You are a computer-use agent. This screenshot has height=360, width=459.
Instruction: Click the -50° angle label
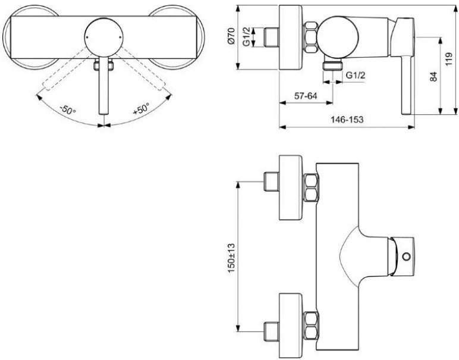coord(68,109)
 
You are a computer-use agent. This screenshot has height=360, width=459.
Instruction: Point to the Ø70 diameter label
coord(231,36)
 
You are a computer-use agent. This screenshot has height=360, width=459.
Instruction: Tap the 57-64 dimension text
coord(306,96)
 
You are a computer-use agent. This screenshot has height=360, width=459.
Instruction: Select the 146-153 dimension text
coord(347,120)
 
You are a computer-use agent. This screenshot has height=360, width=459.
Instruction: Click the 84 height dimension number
coord(433,76)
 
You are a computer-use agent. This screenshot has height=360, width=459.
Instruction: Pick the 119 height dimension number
coord(449,59)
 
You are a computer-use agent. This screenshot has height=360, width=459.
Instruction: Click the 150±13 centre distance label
coord(231,258)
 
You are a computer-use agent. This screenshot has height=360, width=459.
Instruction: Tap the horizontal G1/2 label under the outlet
coord(356,76)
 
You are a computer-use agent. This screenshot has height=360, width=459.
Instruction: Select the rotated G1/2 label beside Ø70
coord(247,37)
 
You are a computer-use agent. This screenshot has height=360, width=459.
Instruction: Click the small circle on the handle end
coord(406,257)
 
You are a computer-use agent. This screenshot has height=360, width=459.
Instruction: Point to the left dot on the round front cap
coord(87,37)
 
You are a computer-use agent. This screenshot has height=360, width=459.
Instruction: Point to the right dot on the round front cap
coord(121,37)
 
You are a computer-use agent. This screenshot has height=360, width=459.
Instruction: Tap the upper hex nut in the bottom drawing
coord(310,188)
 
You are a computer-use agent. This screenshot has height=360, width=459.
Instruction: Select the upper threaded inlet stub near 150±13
coord(271,182)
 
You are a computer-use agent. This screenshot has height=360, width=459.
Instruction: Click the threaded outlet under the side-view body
coord(333,65)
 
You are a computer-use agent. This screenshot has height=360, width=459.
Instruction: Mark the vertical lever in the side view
coord(407,84)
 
